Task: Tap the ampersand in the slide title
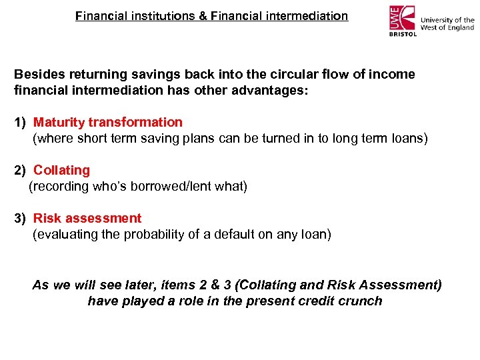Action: coord(203,15)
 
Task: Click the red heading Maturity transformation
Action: coord(107,122)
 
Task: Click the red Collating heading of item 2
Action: coord(61,170)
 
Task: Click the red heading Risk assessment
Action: coord(87,218)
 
